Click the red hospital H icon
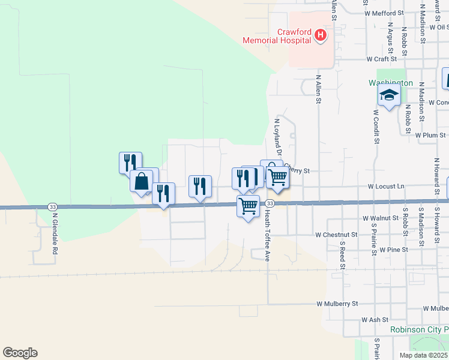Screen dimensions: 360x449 point(321,36)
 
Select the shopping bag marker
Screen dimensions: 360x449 point(142,181)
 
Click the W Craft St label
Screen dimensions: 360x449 point(381,59)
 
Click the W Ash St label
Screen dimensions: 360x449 point(375,320)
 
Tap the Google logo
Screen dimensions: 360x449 point(20,353)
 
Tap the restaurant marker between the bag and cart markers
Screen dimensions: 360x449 point(200,187)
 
